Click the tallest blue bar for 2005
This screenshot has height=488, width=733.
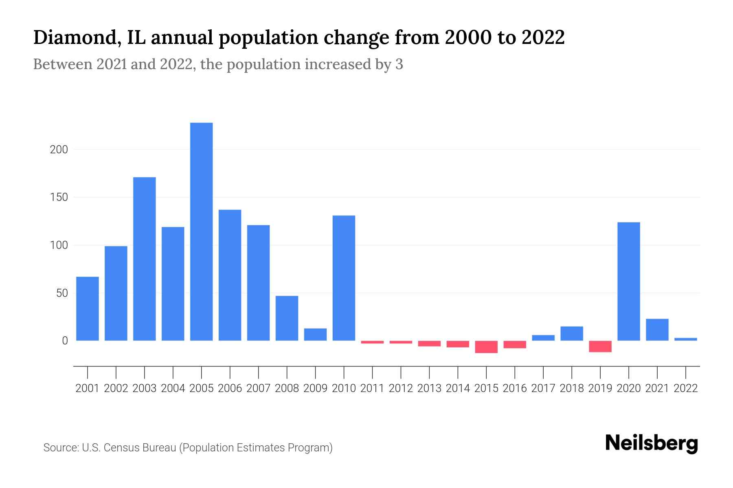tap(201, 232)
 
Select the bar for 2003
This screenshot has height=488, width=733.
tap(145, 259)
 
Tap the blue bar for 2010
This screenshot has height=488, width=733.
tap(344, 278)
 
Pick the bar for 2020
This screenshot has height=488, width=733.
tap(628, 281)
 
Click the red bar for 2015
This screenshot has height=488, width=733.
tap(486, 347)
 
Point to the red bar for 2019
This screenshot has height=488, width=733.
tap(600, 346)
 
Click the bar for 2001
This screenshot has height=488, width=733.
tap(88, 309)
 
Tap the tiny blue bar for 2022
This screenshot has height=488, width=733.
tap(685, 339)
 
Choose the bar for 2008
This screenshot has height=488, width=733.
tap(287, 318)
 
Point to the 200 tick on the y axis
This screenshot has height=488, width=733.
tap(59, 150)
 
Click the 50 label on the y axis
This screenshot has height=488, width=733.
tap(62, 293)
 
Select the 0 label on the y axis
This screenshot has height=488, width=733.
tap(65, 341)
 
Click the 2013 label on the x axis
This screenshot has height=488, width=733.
tap(429, 388)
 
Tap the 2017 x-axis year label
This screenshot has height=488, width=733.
tap(543, 388)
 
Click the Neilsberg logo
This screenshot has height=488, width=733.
tap(652, 443)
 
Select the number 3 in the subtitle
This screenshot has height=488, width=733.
tap(399, 64)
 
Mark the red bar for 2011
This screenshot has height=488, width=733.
tap(372, 342)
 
